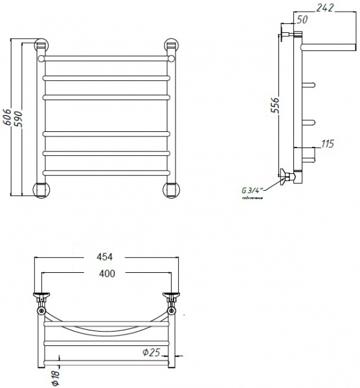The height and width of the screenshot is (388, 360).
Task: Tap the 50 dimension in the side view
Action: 302,20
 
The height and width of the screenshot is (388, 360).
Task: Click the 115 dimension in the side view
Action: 328,144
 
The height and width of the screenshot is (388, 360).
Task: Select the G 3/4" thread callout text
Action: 251,190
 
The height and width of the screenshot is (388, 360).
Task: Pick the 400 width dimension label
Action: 107,274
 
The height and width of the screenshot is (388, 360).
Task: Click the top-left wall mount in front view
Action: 41,46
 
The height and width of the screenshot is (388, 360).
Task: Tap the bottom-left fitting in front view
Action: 41,189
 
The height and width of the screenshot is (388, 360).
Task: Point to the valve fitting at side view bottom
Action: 287,176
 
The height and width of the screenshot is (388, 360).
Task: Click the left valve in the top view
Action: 41,298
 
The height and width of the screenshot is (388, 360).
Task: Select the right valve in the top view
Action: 172,298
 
